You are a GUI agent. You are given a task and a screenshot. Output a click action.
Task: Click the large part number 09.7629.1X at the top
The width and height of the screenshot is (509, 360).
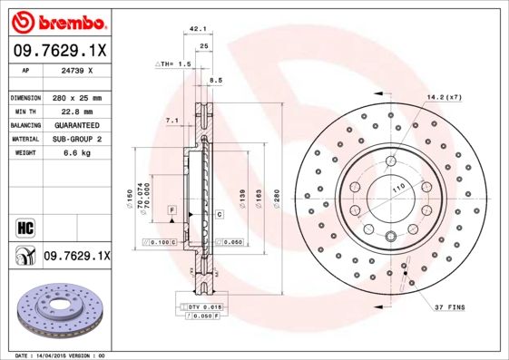57,51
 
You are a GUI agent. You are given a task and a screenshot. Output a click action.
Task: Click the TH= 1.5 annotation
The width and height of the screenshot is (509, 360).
174,64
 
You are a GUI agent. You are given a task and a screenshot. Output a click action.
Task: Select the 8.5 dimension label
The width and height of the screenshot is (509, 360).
215,81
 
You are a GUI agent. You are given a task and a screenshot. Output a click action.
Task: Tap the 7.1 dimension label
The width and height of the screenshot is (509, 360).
171,120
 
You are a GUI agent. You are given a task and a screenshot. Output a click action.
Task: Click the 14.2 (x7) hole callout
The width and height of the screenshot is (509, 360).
445,97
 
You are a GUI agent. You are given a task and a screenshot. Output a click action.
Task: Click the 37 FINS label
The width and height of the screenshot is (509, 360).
449,308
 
